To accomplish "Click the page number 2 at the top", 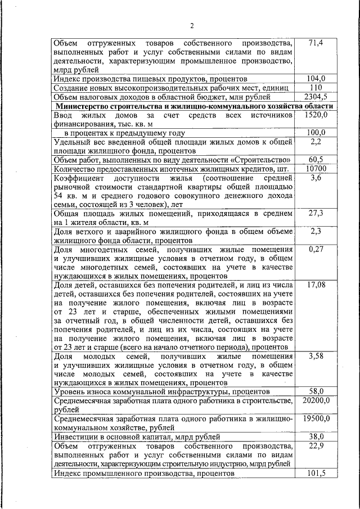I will (191, 26).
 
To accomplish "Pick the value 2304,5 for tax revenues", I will (316, 97).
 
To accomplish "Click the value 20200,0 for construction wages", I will (316, 400).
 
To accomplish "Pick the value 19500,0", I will (316, 418).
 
